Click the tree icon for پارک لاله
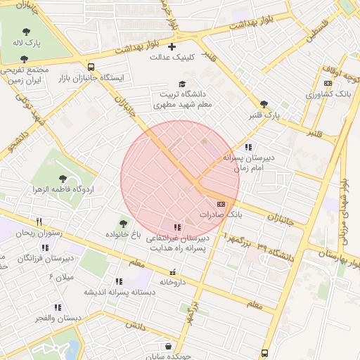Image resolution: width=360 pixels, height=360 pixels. point(26,32)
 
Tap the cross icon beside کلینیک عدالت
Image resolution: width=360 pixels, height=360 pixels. point(172,46)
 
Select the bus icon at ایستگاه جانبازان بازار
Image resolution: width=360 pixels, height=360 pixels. point(91,67)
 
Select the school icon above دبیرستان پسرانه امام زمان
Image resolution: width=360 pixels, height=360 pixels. point(247,147)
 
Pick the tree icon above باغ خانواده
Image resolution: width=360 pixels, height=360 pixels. point(124,223)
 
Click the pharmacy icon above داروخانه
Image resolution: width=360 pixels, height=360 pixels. point(172,271)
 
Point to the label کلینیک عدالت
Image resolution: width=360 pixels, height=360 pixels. point(172,57)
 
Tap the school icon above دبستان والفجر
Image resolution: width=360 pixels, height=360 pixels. point(58,307)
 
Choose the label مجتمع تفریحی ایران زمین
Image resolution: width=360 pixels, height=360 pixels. point(24,75)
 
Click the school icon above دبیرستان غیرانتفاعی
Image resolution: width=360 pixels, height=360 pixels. point(176,227)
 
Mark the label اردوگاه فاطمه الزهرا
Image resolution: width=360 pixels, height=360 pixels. point(64,190)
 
